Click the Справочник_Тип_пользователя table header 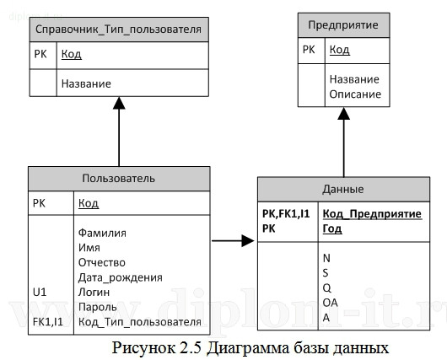119,30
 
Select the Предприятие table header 342,25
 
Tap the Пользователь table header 118,178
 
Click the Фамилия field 101,233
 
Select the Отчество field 100,262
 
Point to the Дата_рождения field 119,277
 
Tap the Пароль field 96,306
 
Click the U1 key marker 40,292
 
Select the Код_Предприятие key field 370,214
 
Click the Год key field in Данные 332,228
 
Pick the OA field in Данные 331,302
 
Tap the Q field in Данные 326,287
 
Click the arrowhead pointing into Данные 248,241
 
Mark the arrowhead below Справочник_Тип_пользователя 119,104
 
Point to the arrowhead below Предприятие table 342,114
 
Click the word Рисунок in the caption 151,346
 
